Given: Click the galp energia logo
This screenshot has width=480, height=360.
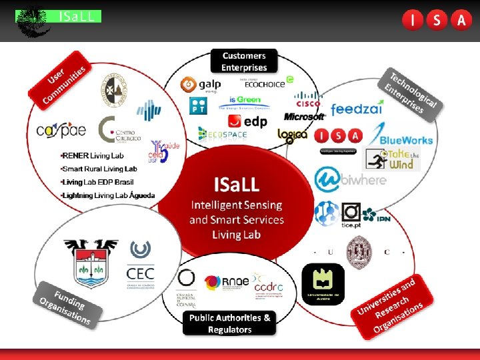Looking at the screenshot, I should click(x=198, y=86).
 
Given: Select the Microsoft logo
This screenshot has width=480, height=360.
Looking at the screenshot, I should click(x=304, y=117).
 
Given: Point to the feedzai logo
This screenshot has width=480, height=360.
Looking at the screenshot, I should click(x=357, y=109).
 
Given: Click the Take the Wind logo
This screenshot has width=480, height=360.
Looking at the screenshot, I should click(x=393, y=160).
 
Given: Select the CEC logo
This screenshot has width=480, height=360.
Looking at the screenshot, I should click(x=140, y=264).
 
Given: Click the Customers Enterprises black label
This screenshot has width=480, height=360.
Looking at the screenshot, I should click(x=244, y=61).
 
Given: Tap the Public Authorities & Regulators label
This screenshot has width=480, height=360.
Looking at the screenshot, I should click(x=230, y=323).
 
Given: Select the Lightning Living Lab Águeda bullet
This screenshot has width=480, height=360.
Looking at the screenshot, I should click(x=107, y=195).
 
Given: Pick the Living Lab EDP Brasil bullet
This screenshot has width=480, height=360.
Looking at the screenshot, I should click(x=97, y=182).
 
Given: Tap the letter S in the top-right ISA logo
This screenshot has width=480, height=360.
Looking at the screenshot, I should click(x=437, y=21).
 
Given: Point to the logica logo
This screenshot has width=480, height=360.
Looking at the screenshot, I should click(x=293, y=135).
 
